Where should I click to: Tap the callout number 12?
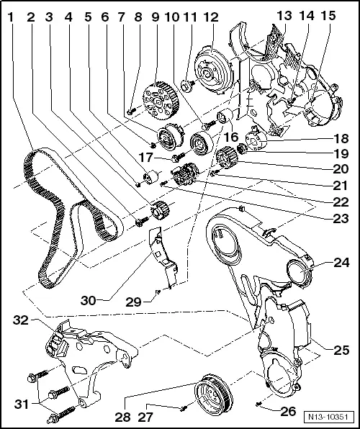pos(210,16)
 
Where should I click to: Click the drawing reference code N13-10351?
pos(332,417)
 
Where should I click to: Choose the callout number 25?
pos(341,351)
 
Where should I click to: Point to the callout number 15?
pos(328,16)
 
